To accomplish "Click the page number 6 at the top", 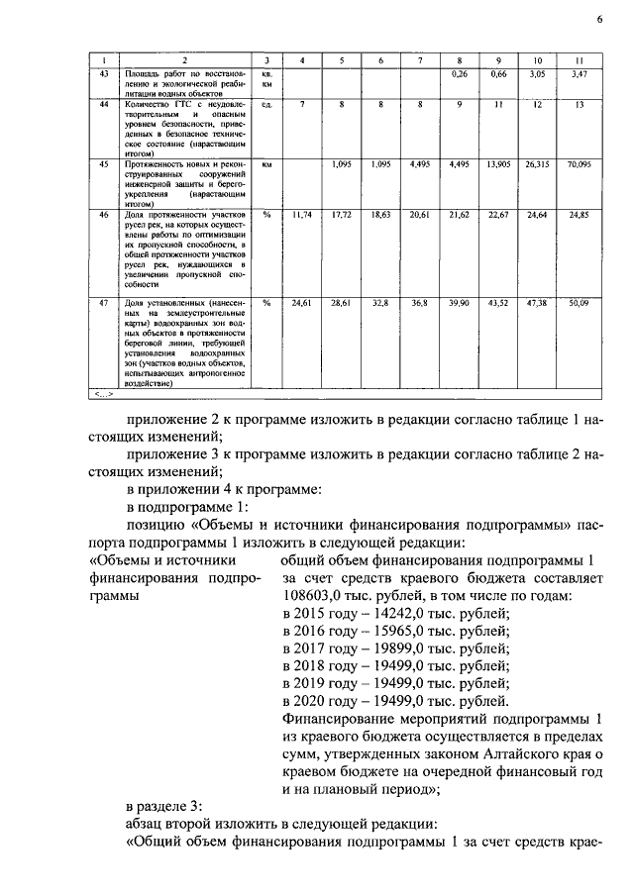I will pyautogui.click(x=599, y=19).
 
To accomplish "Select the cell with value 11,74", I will pyautogui.click(x=302, y=214).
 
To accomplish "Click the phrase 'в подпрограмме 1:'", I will pyautogui.click(x=185, y=506).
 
